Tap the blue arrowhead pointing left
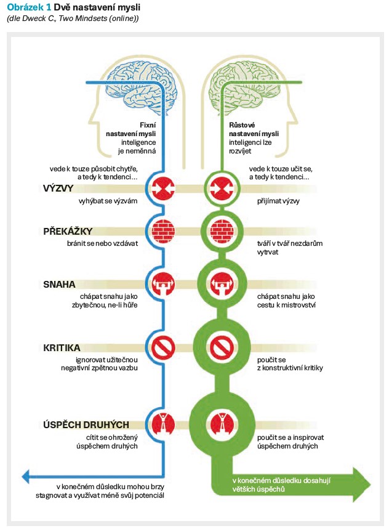(x=27, y=475)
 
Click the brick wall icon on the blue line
(x=162, y=231)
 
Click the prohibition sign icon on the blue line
(x=162, y=347)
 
